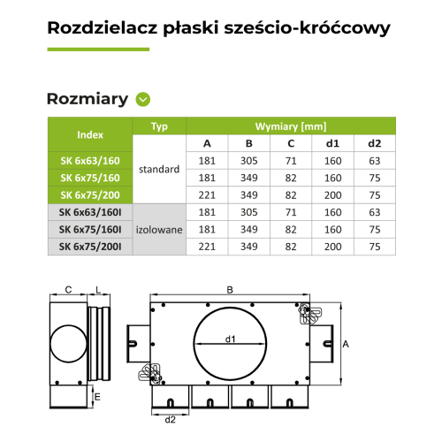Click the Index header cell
pos(90,135)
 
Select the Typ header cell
pos(159,126)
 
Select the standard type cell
pos(159,169)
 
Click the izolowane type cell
pos(159,229)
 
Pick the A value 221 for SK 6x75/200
pos(207,194)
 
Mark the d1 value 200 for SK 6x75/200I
pos(332,246)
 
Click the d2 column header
pos(374,144)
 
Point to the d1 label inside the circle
pos(230,338)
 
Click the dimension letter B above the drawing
pos(230,289)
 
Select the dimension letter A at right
pos(347,345)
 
